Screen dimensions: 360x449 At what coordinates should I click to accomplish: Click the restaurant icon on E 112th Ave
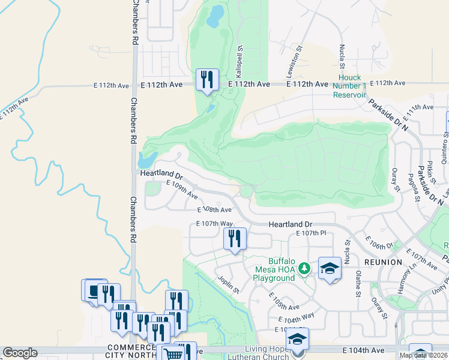[207, 80]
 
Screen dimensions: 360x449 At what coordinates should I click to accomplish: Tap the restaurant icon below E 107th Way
[235, 239]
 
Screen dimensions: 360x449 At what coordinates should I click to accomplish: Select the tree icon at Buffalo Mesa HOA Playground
[304, 267]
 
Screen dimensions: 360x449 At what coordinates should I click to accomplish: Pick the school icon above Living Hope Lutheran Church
[297, 340]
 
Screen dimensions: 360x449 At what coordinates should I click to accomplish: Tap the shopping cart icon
[173, 354]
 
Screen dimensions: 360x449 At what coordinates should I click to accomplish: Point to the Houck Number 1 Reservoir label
[349, 86]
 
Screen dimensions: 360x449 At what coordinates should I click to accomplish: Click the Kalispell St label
[238, 61]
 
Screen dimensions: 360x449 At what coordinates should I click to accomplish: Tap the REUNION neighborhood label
[382, 262]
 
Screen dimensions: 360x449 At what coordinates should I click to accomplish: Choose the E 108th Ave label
[215, 210]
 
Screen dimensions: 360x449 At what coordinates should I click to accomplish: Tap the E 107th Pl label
[311, 233]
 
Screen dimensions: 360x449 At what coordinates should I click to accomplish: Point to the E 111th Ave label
[419, 107]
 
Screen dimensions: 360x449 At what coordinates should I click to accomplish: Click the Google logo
[20, 353]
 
